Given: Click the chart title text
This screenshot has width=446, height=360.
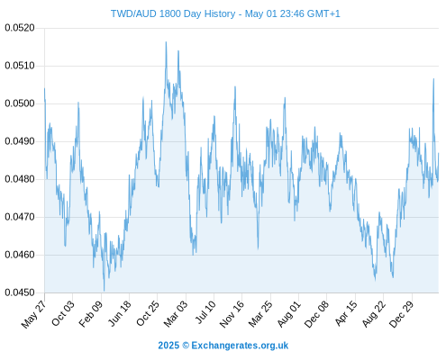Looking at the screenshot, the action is [x=225, y=13].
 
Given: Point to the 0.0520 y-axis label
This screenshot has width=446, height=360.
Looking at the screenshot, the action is [x=20, y=28].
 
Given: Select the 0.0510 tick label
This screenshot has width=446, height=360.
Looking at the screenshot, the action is [x=20, y=66].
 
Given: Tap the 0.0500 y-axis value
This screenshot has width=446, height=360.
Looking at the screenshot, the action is [x=20, y=103].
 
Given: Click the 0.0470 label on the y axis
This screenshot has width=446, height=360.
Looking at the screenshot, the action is [x=20, y=217].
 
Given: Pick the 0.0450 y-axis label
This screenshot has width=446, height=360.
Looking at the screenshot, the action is [x=20, y=292].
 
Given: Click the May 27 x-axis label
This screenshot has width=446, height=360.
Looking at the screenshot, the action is [x=34, y=313].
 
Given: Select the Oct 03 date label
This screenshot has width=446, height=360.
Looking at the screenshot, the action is [x=63, y=312].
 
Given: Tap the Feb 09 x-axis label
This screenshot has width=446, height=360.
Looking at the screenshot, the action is [x=91, y=313].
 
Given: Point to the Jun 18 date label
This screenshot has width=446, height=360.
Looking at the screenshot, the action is [x=120, y=313].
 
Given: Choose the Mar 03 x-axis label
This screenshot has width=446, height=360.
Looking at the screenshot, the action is [x=176, y=313].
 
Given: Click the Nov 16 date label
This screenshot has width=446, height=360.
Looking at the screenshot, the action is [x=232, y=314].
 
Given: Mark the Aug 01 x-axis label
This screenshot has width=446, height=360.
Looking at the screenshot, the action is [x=288, y=313].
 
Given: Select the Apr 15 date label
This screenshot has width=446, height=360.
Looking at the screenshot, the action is [x=346, y=313].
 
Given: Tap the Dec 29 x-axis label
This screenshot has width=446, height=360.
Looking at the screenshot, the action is [x=402, y=314].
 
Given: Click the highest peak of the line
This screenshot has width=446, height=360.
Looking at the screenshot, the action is [x=166, y=42].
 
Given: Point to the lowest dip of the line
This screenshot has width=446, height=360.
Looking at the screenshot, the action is [x=105, y=291].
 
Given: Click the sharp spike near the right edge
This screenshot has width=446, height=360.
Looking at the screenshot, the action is [x=433, y=79].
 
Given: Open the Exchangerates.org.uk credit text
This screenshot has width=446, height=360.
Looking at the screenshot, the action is [x=240, y=346].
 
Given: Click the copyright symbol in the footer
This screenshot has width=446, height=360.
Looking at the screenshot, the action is [x=186, y=346].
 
